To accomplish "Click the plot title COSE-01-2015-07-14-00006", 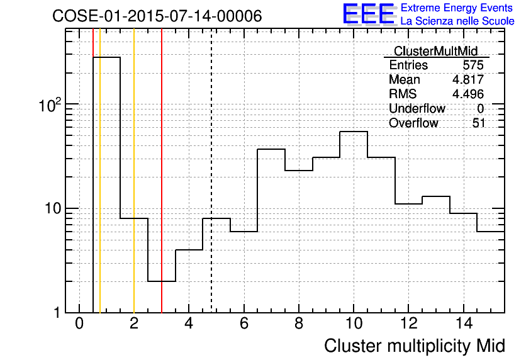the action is [157, 16].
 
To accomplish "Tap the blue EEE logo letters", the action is [368, 14].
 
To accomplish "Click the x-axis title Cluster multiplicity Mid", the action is [414, 346].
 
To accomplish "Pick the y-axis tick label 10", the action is [53, 209].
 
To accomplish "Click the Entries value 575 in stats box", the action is [473, 65].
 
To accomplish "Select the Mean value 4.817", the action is [468, 79].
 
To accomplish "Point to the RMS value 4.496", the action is [468, 94].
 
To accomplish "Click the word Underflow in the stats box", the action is [417, 108].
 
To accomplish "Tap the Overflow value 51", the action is [479, 123].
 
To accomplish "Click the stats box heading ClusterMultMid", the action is [435, 51].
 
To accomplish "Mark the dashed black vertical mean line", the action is [211, 171].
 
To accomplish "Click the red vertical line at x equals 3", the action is [162, 171].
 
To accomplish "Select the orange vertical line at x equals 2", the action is [134, 171].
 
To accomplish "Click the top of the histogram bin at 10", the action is [354, 132].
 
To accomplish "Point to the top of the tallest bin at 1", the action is [106, 57].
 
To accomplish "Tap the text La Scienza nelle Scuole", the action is [457, 21].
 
